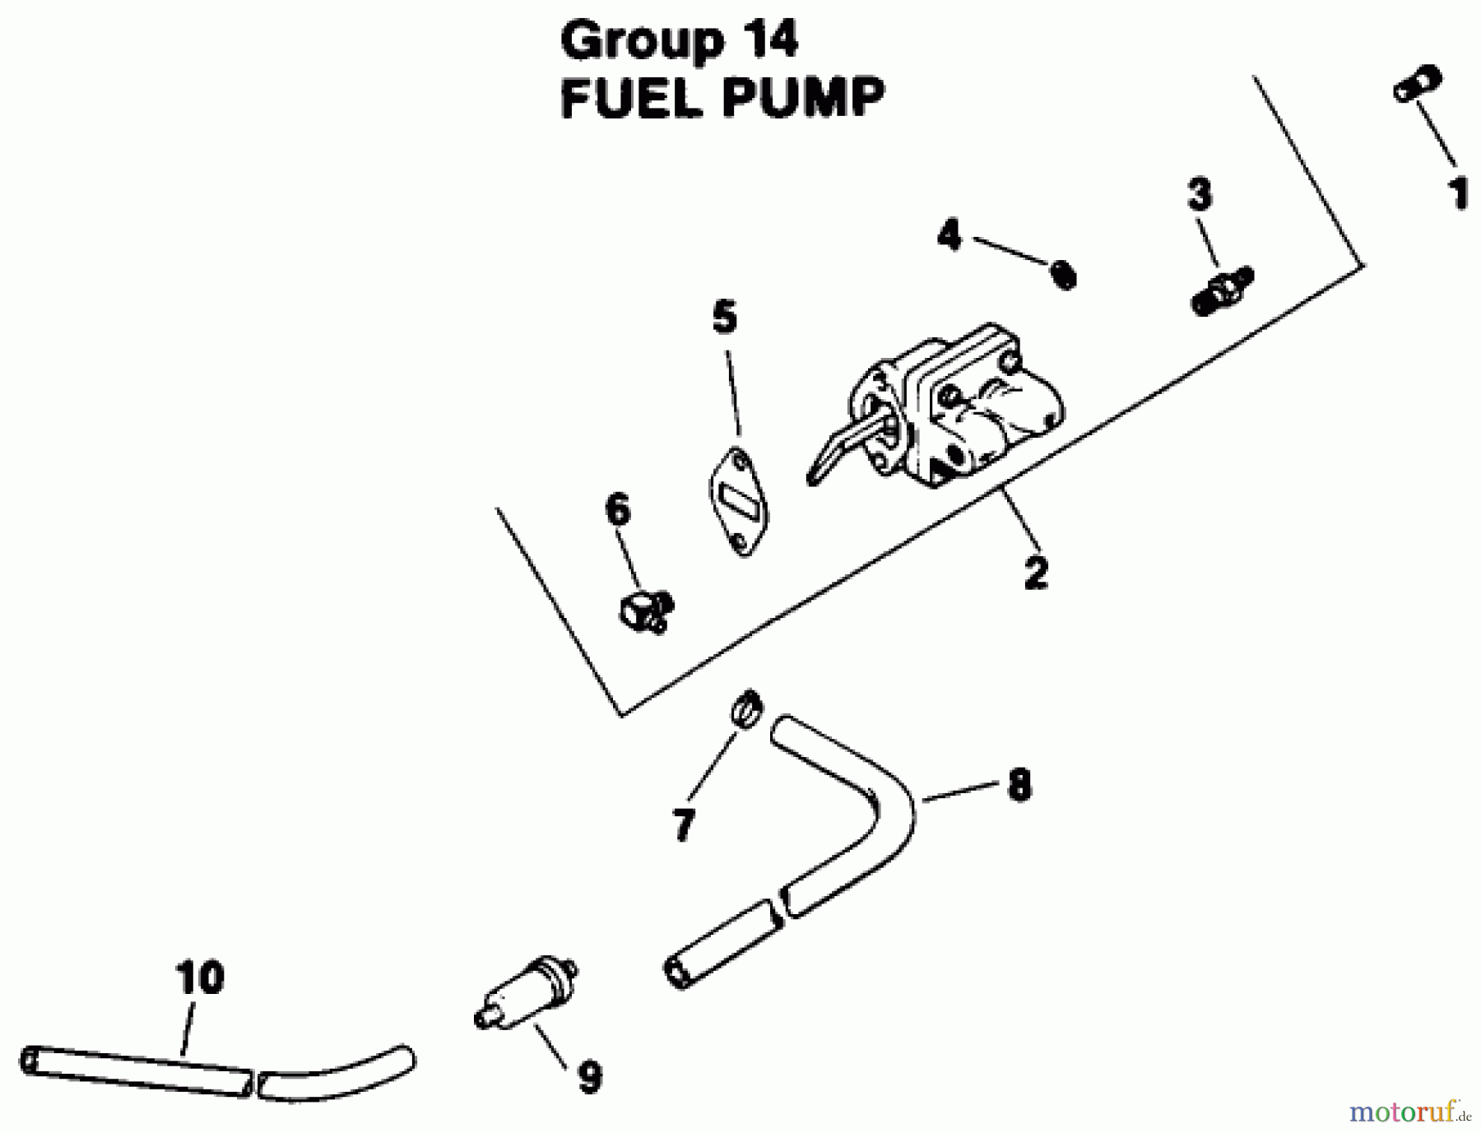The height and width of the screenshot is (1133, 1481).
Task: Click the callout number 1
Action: tap(1459, 193)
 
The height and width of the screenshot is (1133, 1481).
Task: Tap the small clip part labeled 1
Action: tap(1417, 84)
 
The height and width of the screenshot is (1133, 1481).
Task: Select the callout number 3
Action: tap(1200, 195)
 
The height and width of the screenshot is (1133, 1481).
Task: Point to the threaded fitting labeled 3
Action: tap(1222, 290)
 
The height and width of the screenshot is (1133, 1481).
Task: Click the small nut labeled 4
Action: tap(1064, 275)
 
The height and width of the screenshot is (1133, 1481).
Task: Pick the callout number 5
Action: tap(724, 317)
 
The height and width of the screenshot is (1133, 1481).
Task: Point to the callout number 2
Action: tap(1036, 572)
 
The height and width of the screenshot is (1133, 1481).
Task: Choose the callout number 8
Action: tap(1019, 785)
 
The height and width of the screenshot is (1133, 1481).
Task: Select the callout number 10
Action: tap(200, 977)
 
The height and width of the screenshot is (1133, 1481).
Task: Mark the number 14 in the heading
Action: tap(765, 40)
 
